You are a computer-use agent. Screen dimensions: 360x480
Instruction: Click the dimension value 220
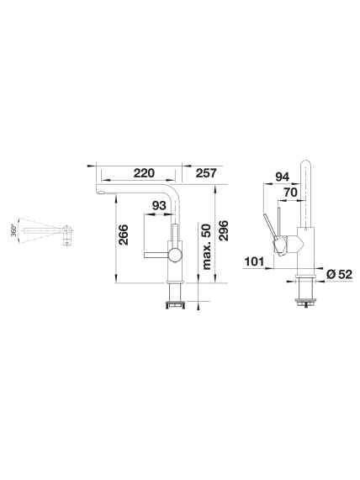pos(144,173)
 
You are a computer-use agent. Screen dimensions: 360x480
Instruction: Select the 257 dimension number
pos(207,173)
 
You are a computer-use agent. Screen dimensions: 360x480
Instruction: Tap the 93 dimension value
pos(159,206)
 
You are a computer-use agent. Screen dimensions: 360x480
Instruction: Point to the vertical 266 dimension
pos(124,235)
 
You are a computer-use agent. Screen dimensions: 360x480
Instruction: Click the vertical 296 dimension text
pos(224,230)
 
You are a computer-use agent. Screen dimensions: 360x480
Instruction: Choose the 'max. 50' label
pos(207,247)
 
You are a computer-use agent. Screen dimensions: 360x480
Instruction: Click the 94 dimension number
pos(282,177)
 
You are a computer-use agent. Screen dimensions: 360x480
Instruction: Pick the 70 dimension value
pos(290,193)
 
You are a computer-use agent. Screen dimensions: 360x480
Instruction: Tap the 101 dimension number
pos(254,261)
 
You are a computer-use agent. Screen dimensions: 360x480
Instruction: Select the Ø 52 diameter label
pos(340,274)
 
